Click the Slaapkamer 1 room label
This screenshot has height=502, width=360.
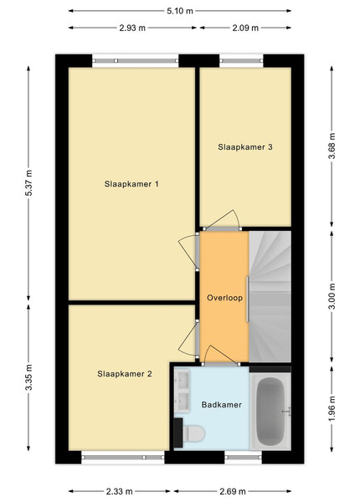click(131, 184)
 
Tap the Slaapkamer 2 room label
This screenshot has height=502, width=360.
click(125, 374)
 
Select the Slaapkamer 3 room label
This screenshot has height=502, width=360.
click(245, 147)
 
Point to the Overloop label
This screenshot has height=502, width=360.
click(224, 298)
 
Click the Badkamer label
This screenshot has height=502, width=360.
click(221, 405)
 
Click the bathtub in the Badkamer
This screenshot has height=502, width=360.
click(270, 412)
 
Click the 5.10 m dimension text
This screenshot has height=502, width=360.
click(180, 11)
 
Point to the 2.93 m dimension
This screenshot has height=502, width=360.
click(132, 28)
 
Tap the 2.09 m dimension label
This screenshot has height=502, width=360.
click(245, 28)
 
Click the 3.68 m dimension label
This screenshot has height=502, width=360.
click(332, 146)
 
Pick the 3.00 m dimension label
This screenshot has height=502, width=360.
click(332, 296)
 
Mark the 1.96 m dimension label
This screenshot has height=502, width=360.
click(332, 409)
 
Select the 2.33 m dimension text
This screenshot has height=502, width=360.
click(119, 491)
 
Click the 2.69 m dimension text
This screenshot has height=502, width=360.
click(233, 491)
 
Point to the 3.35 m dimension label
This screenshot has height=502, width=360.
click(28, 377)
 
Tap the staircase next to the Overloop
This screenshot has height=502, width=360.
click(270, 297)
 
